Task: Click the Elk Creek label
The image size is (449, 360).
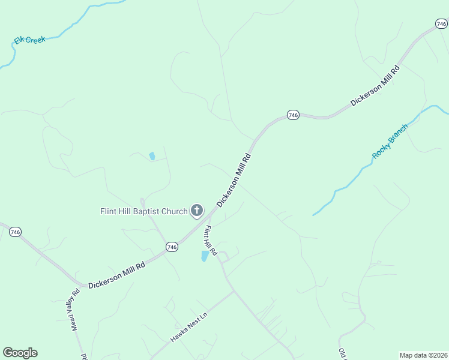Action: click(x=31, y=40)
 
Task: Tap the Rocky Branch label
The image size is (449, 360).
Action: click(x=390, y=142)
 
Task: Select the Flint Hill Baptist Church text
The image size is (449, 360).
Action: click(x=143, y=211)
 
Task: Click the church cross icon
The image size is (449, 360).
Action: click(x=196, y=210)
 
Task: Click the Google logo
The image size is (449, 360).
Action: click(x=20, y=353)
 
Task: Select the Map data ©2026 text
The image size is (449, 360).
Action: click(x=424, y=355)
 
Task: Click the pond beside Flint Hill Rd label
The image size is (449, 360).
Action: click(x=205, y=256)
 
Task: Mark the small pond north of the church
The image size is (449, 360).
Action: click(x=152, y=157)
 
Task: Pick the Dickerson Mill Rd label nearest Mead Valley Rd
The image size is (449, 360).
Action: click(x=116, y=275)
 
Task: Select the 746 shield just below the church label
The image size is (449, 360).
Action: click(x=172, y=247)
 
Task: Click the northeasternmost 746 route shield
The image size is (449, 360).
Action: click(x=441, y=24)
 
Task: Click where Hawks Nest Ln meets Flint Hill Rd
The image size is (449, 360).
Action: click(x=233, y=292)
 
